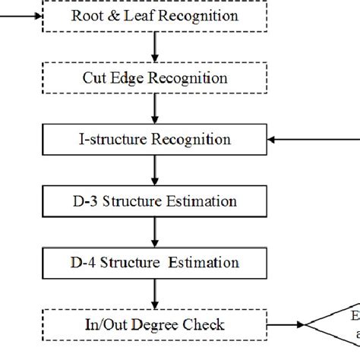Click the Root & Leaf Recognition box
(154, 16)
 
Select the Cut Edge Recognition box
(154, 77)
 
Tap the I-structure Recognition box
(154, 140)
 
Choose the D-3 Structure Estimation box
(154, 201)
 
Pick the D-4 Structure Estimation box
(154, 263)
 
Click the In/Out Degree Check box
(154, 325)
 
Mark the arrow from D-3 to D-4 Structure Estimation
(155, 232)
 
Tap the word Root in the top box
(84, 16)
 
